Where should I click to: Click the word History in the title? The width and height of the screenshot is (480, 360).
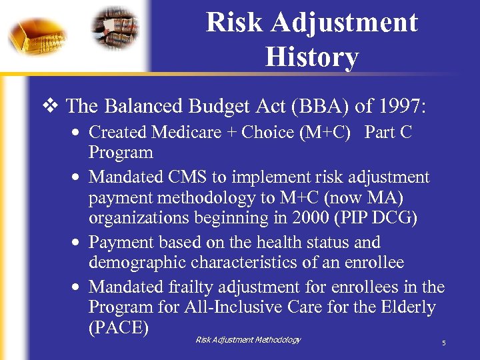311,57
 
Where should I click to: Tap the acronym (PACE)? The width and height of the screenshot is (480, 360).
118,328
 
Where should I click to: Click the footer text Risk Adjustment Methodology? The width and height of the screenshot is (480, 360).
248,340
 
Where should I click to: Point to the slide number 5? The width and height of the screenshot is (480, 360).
443,343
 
